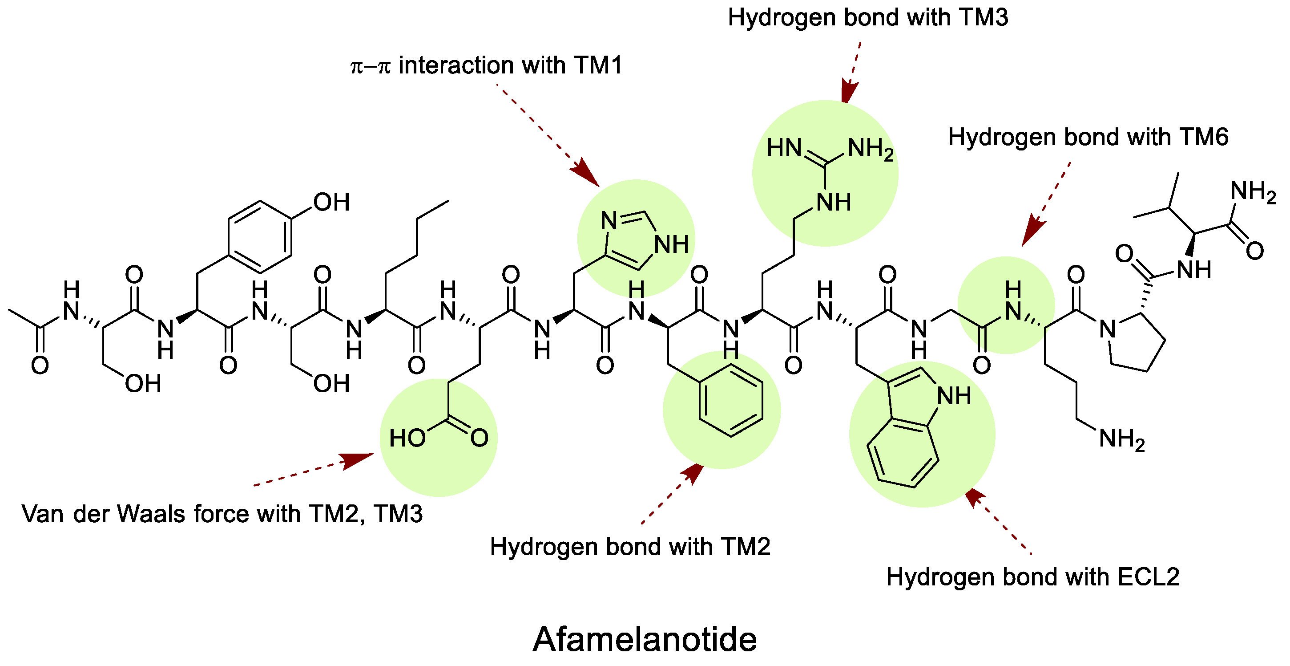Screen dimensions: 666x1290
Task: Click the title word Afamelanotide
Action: coord(645,639)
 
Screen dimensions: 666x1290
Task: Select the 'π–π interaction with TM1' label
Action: coord(486,65)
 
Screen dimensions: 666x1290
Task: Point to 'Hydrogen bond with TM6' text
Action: coord(1088,137)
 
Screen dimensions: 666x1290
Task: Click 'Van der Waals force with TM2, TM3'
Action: coord(222,514)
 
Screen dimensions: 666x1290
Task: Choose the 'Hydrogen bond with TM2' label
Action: coord(629,547)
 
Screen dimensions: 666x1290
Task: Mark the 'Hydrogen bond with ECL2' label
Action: coord(1032,577)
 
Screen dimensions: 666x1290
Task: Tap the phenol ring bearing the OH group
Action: coord(260,237)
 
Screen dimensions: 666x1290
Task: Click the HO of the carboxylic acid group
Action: coord(407,439)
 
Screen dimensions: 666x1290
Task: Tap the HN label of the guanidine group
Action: coord(784,149)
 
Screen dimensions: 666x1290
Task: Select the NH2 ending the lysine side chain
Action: coord(1122,439)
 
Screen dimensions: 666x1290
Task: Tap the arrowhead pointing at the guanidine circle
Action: coord(849,93)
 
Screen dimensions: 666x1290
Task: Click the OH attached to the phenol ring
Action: coord(331,203)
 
